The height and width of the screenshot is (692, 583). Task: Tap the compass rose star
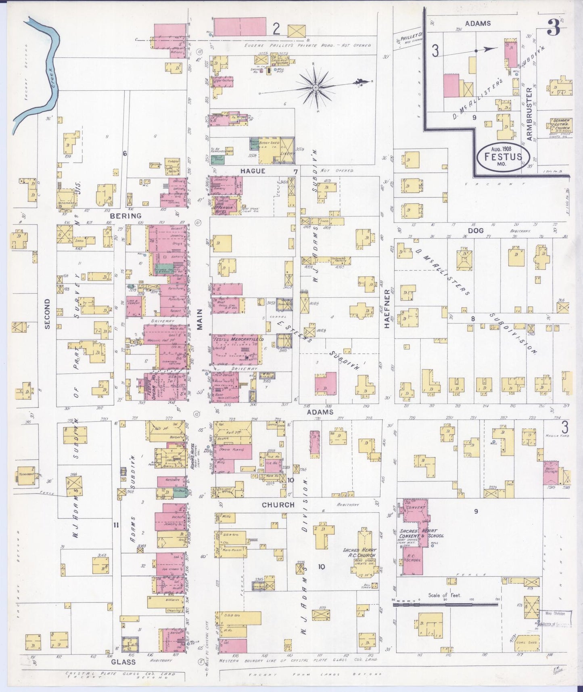pyautogui.click(x=316, y=87)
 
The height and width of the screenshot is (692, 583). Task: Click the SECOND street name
pyautogui.click(x=48, y=314)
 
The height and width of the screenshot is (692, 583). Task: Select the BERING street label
pyautogui.click(x=129, y=216)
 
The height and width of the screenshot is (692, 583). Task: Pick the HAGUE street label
pyautogui.click(x=253, y=171)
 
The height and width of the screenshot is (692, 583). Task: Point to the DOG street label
pyautogui.click(x=476, y=230)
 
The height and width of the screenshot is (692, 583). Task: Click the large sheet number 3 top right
pyautogui.click(x=555, y=28)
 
